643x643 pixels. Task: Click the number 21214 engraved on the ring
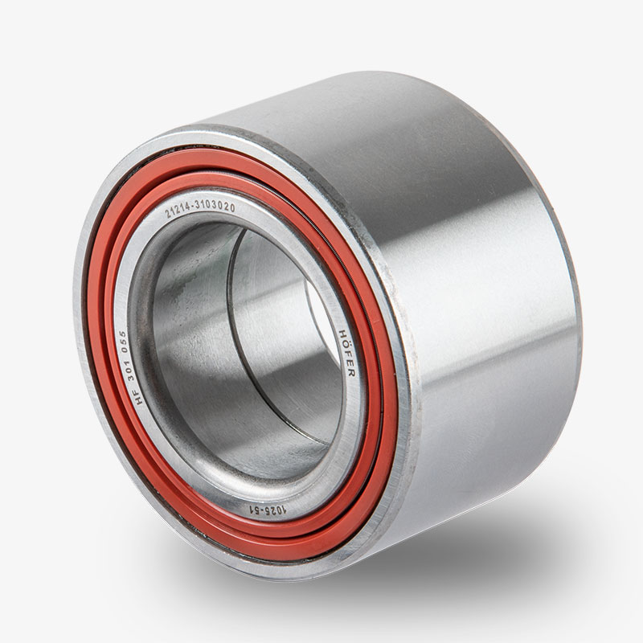[178, 210]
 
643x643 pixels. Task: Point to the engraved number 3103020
[215, 206]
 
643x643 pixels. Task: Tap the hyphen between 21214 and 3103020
[192, 207]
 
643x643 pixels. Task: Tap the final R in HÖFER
[351, 373]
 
